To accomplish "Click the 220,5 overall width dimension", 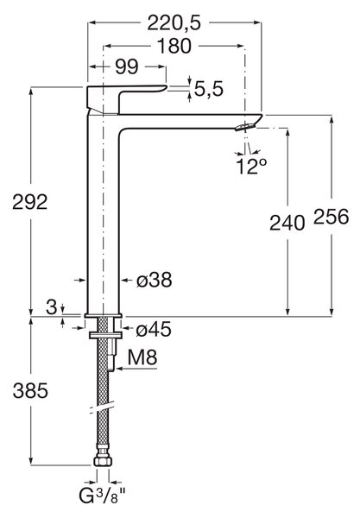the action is [174, 23].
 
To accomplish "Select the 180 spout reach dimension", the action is [174, 46].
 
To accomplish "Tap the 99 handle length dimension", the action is [127, 67].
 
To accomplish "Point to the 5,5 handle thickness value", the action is [209, 89].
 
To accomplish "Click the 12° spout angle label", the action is [251, 166].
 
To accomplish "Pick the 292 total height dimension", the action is [30, 202].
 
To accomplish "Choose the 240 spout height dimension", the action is [287, 223].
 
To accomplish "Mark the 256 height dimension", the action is [331, 217].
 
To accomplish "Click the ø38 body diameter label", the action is [155, 280].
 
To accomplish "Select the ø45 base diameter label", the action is [154, 329].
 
